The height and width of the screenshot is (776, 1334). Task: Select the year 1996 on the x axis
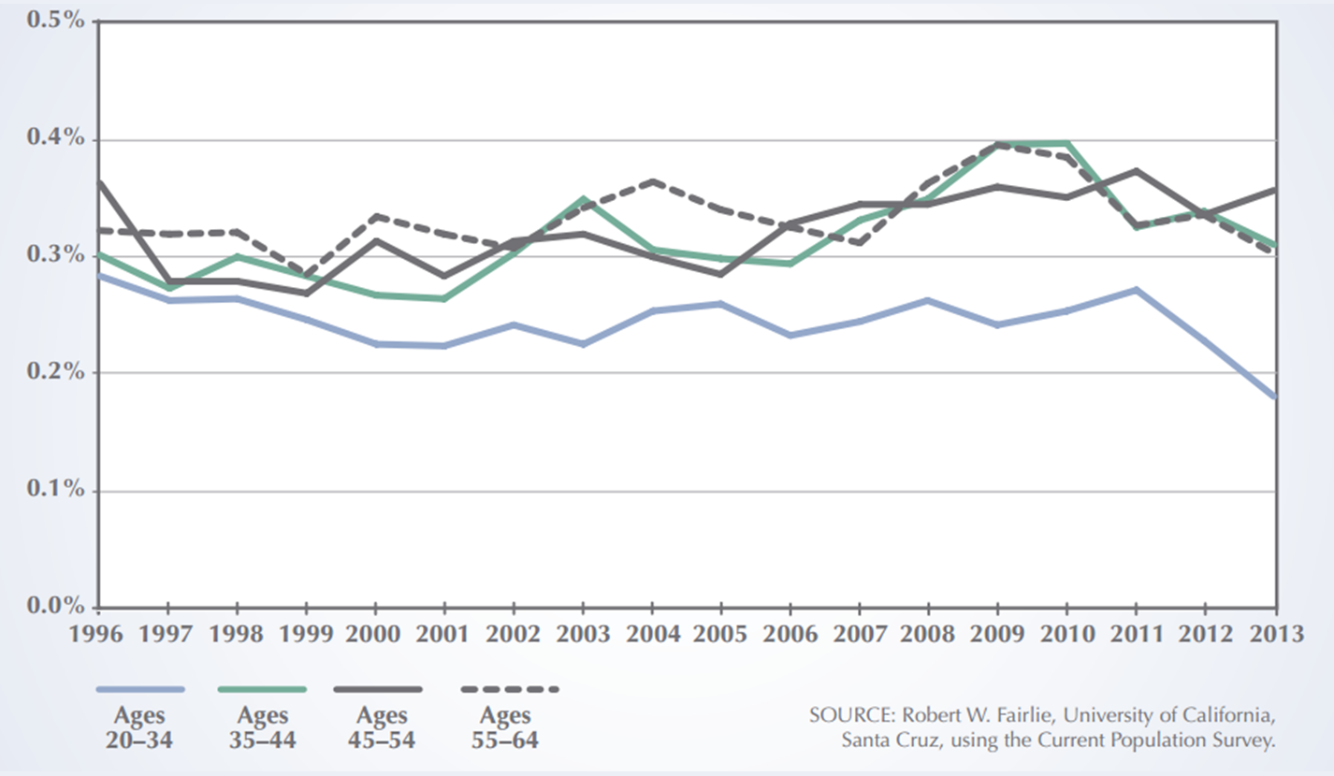pyautogui.click(x=97, y=634)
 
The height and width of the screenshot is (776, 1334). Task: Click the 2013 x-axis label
pyautogui.click(x=1276, y=634)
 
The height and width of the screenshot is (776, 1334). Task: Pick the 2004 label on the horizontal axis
pyautogui.click(x=652, y=634)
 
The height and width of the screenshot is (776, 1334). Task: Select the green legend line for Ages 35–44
pyautogui.click(x=262, y=690)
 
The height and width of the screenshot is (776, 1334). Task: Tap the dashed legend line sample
pyautogui.click(x=510, y=690)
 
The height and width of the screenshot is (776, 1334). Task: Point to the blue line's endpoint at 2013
pyautogui.click(x=1276, y=396)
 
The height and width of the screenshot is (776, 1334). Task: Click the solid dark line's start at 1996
pyautogui.click(x=99, y=183)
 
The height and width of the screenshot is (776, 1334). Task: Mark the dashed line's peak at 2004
pyautogui.click(x=653, y=181)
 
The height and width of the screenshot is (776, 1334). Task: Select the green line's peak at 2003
pyautogui.click(x=584, y=199)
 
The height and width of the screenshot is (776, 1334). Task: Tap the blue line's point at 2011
pyautogui.click(x=1136, y=290)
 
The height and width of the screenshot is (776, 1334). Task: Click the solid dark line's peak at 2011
pyautogui.click(x=1136, y=171)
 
